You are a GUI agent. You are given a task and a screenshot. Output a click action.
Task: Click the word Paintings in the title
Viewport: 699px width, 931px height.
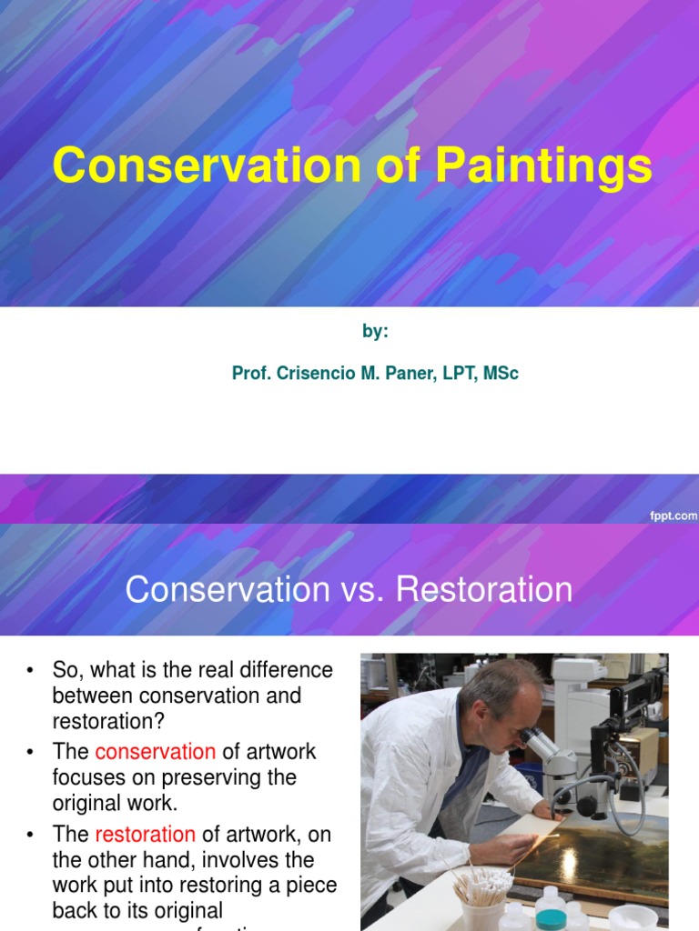(x=543, y=167)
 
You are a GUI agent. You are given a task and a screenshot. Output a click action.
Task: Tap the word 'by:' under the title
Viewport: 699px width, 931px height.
(x=375, y=332)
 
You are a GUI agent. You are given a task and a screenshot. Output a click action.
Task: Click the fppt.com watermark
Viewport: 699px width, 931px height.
(x=674, y=515)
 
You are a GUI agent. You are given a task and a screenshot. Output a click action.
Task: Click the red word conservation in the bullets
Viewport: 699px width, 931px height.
(x=155, y=752)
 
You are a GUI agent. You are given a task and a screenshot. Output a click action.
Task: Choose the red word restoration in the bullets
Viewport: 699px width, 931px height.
(x=145, y=834)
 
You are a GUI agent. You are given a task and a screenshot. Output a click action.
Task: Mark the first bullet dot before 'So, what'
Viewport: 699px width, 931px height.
(x=30, y=671)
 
